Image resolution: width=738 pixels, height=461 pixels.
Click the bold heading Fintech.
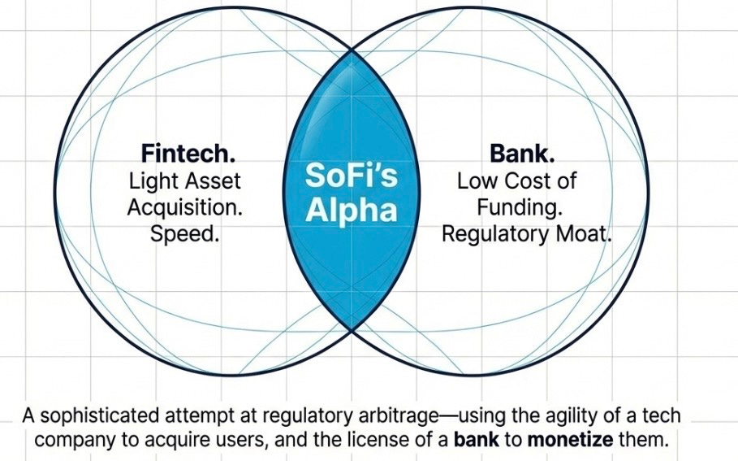(x=188, y=154)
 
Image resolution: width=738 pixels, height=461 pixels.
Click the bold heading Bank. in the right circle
(x=522, y=154)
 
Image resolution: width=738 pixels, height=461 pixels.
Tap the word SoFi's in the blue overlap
(x=351, y=175)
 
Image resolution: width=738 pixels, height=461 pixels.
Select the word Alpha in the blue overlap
(x=351, y=210)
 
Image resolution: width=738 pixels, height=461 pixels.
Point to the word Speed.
(x=185, y=234)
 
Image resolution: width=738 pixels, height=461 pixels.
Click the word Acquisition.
(x=185, y=207)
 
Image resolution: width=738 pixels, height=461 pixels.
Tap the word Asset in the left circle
(x=212, y=181)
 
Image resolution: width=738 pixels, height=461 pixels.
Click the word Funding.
(x=520, y=208)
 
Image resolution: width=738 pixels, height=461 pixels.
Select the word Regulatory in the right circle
(x=496, y=234)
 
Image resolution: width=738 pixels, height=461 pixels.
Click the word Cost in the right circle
(x=524, y=181)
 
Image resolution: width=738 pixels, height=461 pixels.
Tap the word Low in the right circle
(x=476, y=181)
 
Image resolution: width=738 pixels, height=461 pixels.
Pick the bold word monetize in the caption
(x=571, y=440)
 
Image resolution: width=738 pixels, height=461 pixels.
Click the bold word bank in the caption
(x=476, y=440)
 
